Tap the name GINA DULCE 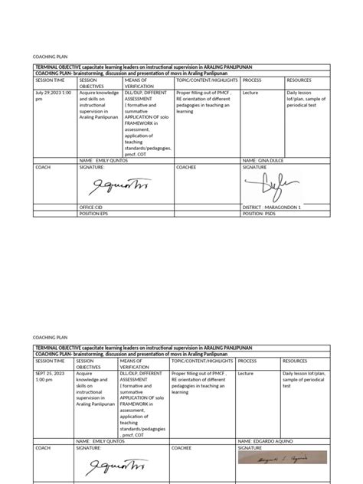tap(265, 160)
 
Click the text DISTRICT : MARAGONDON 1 tap(272, 208)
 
